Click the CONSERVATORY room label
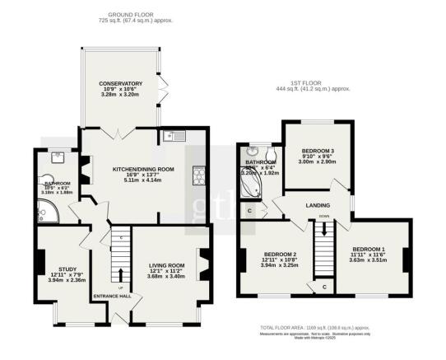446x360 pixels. click(x=121, y=83)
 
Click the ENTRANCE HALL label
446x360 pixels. click(x=113, y=297)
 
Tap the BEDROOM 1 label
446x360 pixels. click(x=369, y=248)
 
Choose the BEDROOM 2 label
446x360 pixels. click(x=280, y=254)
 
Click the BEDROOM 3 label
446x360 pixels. click(x=317, y=152)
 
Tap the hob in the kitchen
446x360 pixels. click(x=198, y=174)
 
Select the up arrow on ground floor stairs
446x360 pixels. click(x=122, y=276)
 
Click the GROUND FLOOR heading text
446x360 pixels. click(x=135, y=15)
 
